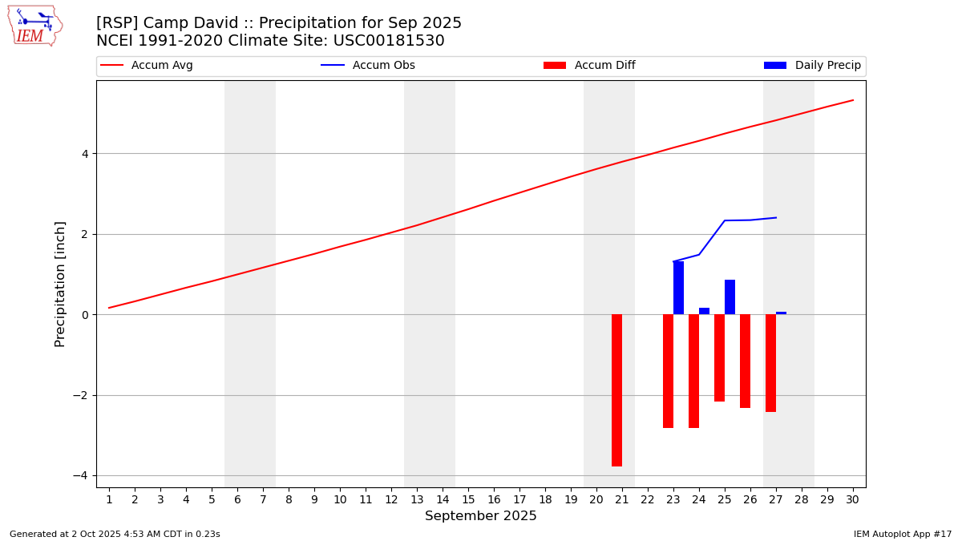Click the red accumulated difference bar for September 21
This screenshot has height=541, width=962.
tap(616, 390)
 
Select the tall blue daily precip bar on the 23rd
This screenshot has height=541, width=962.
tap(678, 288)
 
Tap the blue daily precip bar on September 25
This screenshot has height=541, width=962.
tap(730, 297)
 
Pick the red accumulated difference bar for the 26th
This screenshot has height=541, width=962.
tap(745, 361)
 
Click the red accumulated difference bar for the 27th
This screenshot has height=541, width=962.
tap(770, 363)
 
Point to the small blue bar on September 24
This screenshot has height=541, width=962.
tap(704, 311)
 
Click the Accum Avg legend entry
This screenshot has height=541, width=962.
tap(147, 66)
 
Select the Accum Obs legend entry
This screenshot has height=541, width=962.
tap(368, 66)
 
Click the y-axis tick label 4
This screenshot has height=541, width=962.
tap(83, 154)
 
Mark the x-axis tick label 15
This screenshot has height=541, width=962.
tap(468, 500)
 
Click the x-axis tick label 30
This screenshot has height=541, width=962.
tap(853, 500)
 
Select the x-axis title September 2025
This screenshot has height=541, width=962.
tap(481, 516)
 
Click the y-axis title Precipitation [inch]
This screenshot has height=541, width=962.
tap(60, 284)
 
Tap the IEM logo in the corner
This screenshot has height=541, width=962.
tap(34, 26)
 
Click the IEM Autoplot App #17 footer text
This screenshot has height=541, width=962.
tap(903, 534)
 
